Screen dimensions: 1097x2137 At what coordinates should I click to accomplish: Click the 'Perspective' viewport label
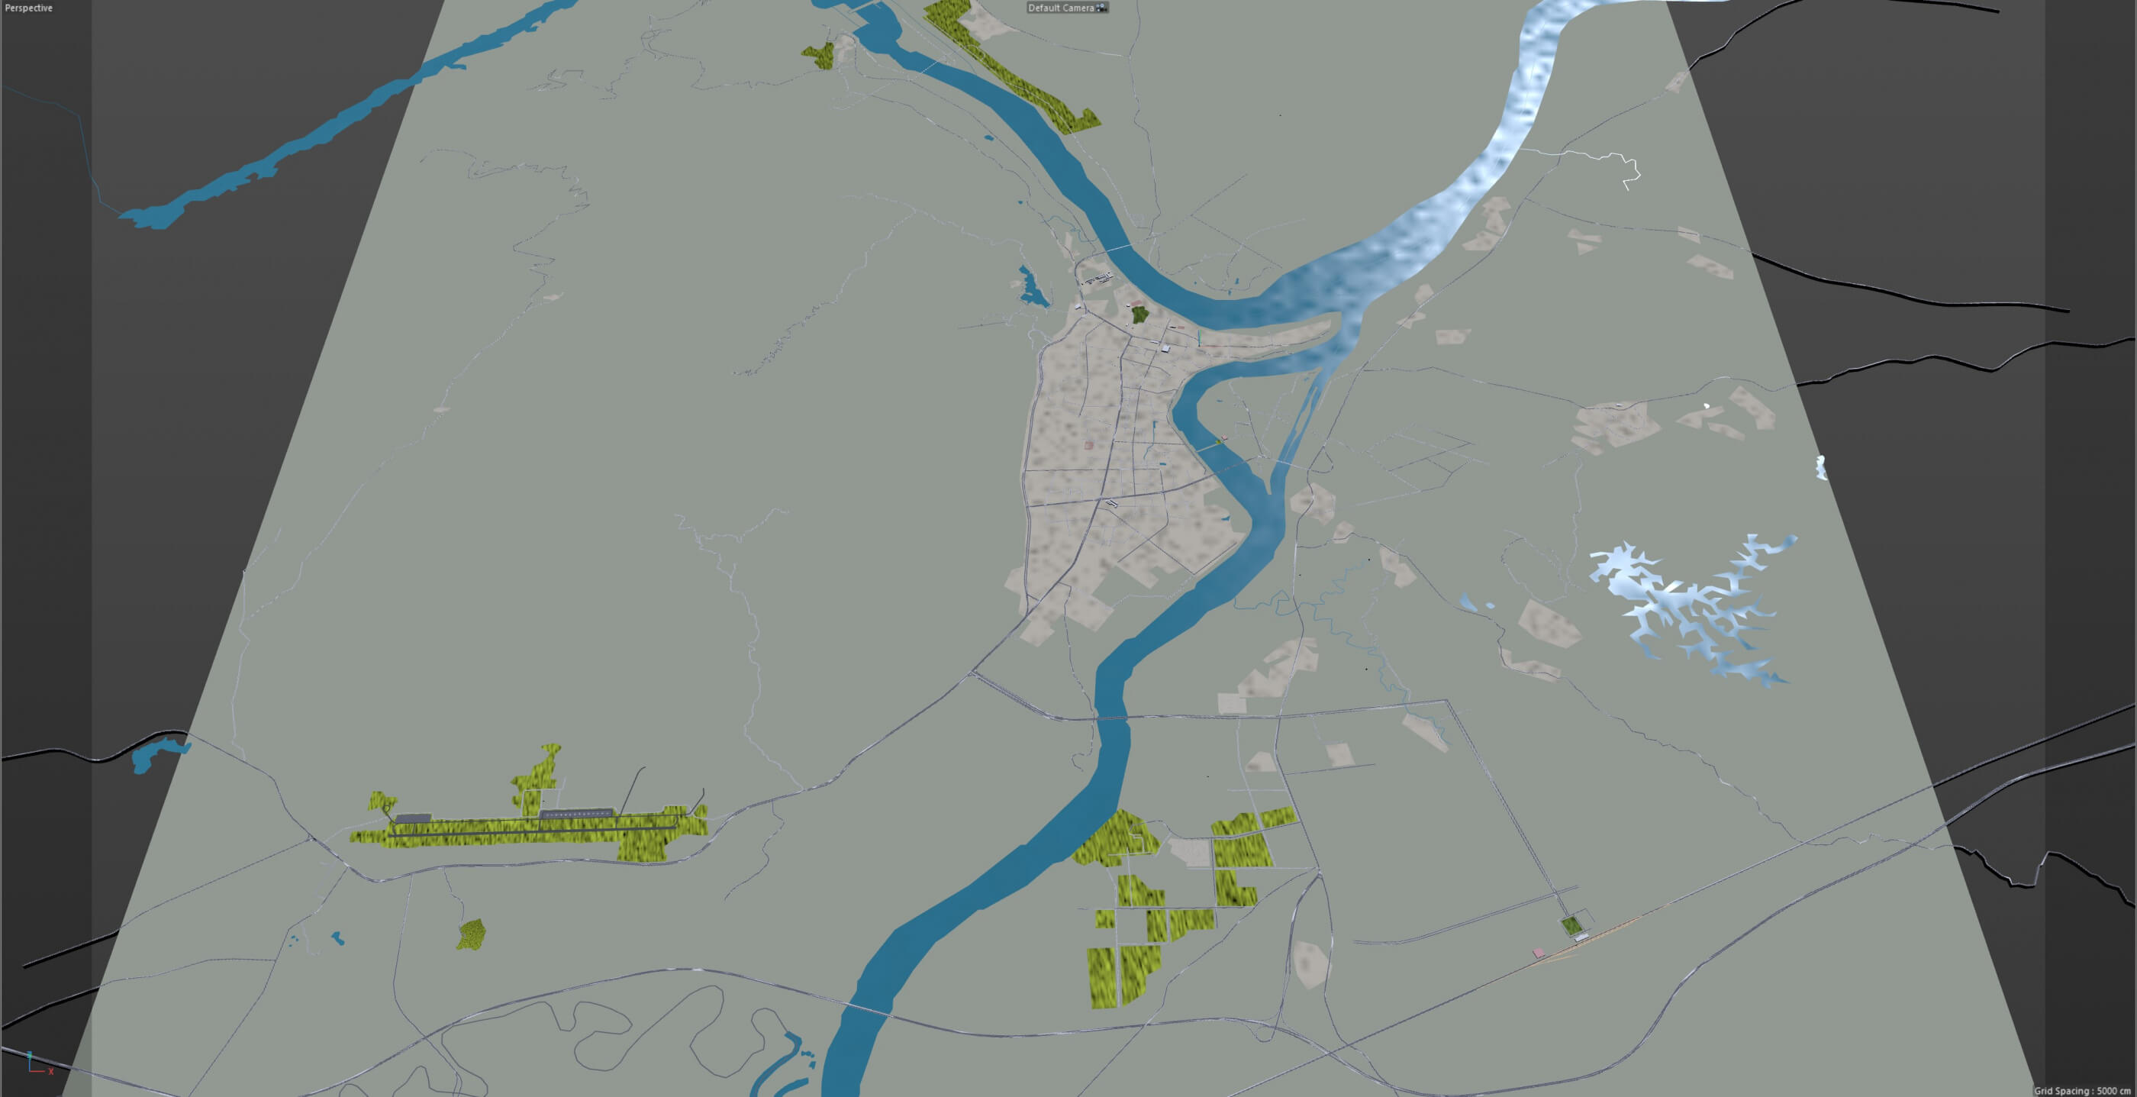pos(28,8)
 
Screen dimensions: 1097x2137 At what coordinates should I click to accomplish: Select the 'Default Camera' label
pos(1061,8)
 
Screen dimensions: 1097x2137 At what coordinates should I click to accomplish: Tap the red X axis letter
pos(50,1071)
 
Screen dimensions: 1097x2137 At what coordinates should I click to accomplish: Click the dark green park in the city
pos(1139,315)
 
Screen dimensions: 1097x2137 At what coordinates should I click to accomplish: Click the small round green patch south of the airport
pos(471,934)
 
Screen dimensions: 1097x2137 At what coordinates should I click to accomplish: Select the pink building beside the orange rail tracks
pos(1538,953)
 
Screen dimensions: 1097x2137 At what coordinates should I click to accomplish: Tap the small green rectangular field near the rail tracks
pos(1571,925)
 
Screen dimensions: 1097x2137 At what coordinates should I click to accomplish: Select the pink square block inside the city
pos(1088,446)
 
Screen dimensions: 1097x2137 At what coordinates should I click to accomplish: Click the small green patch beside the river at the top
pos(820,56)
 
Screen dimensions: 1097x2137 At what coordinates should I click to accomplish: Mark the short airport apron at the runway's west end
pos(413,819)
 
